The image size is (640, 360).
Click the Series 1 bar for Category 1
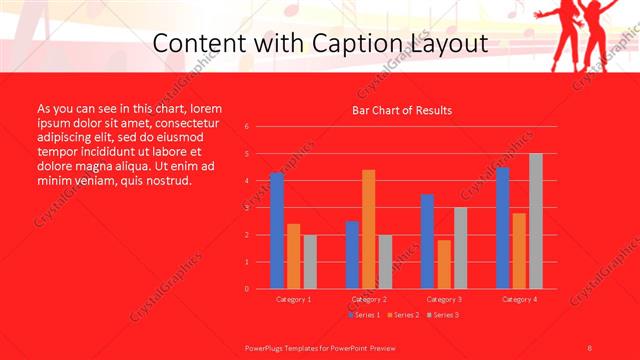(x=277, y=231)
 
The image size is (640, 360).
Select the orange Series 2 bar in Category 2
(x=369, y=229)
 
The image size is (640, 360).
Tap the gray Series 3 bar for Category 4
(x=536, y=221)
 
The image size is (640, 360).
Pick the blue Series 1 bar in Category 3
(x=427, y=241)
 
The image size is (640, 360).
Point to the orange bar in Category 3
(x=444, y=264)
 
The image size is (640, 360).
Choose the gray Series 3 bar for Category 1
(x=310, y=262)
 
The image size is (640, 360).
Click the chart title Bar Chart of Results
(x=402, y=110)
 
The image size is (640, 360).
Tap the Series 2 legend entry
(x=401, y=315)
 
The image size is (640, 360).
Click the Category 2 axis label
(x=369, y=299)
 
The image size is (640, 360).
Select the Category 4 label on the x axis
(x=519, y=299)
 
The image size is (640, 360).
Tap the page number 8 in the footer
(x=589, y=347)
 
